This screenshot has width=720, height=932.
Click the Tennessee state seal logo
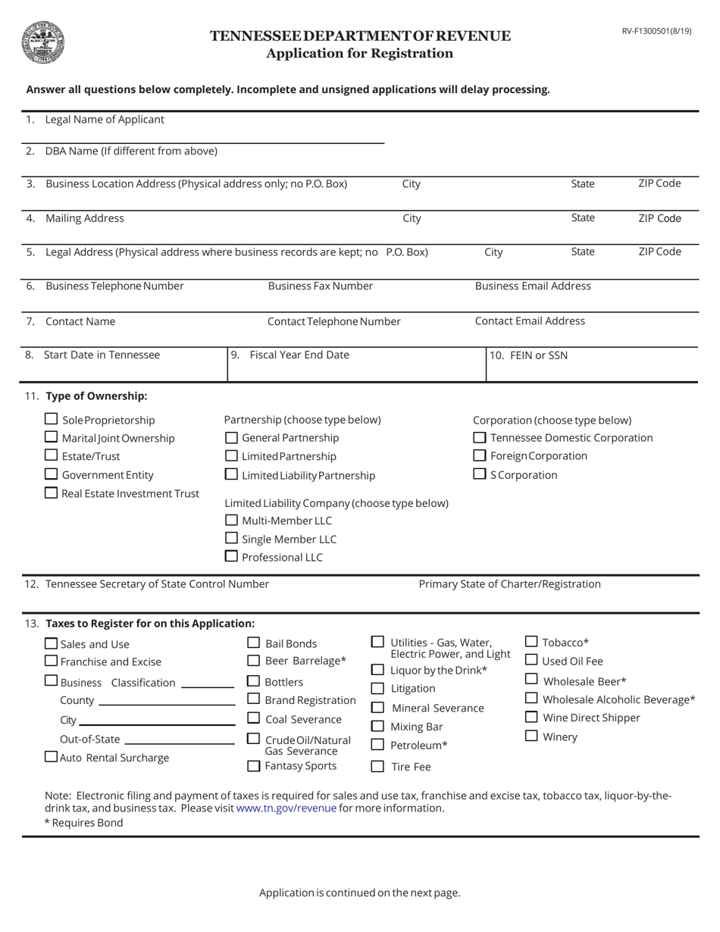pos(42,42)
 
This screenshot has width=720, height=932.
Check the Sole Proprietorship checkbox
pos(52,419)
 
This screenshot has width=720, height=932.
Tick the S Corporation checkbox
pos(479,474)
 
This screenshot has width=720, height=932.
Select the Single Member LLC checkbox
pos(232,538)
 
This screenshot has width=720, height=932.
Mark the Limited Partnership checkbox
pos(232,455)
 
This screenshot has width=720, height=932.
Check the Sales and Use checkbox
pos(51,643)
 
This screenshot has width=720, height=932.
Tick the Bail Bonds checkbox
pos(254,643)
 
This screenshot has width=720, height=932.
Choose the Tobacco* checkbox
pos(531,642)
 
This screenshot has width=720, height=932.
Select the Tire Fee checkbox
pos(377,766)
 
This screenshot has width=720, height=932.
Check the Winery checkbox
pos(531,736)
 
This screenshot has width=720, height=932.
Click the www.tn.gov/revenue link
pos(286,808)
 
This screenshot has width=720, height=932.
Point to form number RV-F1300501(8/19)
pos(656,31)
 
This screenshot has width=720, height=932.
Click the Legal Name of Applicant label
pos(105,120)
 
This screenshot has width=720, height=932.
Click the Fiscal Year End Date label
pos(299,355)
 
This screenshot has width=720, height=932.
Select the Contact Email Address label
pos(530,321)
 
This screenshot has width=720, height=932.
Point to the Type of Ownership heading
pos(96,396)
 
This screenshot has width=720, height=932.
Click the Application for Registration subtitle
pos(359,54)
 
